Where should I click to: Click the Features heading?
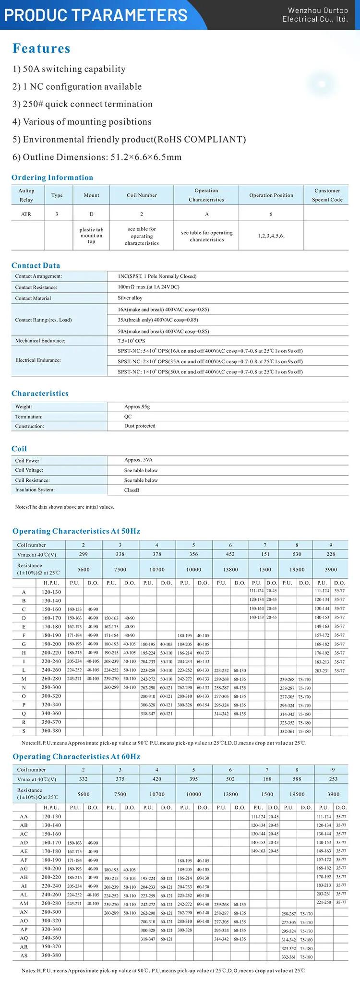pos(41,48)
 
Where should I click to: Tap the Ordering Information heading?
pos(52,178)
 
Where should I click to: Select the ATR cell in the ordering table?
pos(26,214)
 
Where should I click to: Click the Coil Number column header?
pos(142,195)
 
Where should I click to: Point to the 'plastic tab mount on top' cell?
pos(91,236)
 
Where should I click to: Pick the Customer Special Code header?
pos(327,195)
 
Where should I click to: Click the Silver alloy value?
pos(130,298)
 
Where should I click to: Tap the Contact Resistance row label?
pos(36,287)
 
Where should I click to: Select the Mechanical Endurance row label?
pos(40,341)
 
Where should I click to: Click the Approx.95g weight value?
pos(137,406)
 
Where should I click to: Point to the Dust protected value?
pos(140,426)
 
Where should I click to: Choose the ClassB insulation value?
pos(132,490)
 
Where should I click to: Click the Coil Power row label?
pos(27,461)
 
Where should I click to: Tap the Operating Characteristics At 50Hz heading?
pos(76,531)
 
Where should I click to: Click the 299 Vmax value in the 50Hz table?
pos(84,554)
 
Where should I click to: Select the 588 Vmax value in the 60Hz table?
pos(297,779)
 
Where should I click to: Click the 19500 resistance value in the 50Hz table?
pos(297,570)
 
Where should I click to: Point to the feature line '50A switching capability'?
pos(69,69)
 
